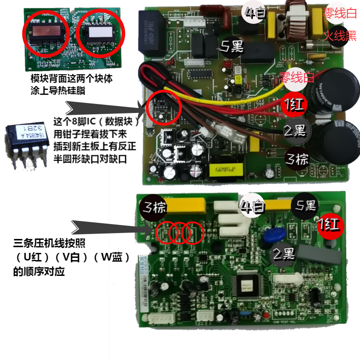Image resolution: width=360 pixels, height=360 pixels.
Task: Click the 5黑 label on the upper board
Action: (x=233, y=46)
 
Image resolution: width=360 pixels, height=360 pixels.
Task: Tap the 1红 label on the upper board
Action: (x=293, y=105)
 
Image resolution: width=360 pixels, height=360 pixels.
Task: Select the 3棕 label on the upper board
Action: (x=297, y=158)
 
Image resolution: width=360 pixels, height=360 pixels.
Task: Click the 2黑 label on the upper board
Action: (x=295, y=131)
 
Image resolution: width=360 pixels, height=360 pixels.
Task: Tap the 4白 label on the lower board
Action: (x=252, y=207)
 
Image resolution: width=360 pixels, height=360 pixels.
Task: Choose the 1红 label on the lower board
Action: (x=331, y=225)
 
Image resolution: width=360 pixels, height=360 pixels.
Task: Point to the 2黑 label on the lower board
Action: (x=284, y=255)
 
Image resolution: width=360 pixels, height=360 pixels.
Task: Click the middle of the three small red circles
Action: (x=180, y=232)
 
